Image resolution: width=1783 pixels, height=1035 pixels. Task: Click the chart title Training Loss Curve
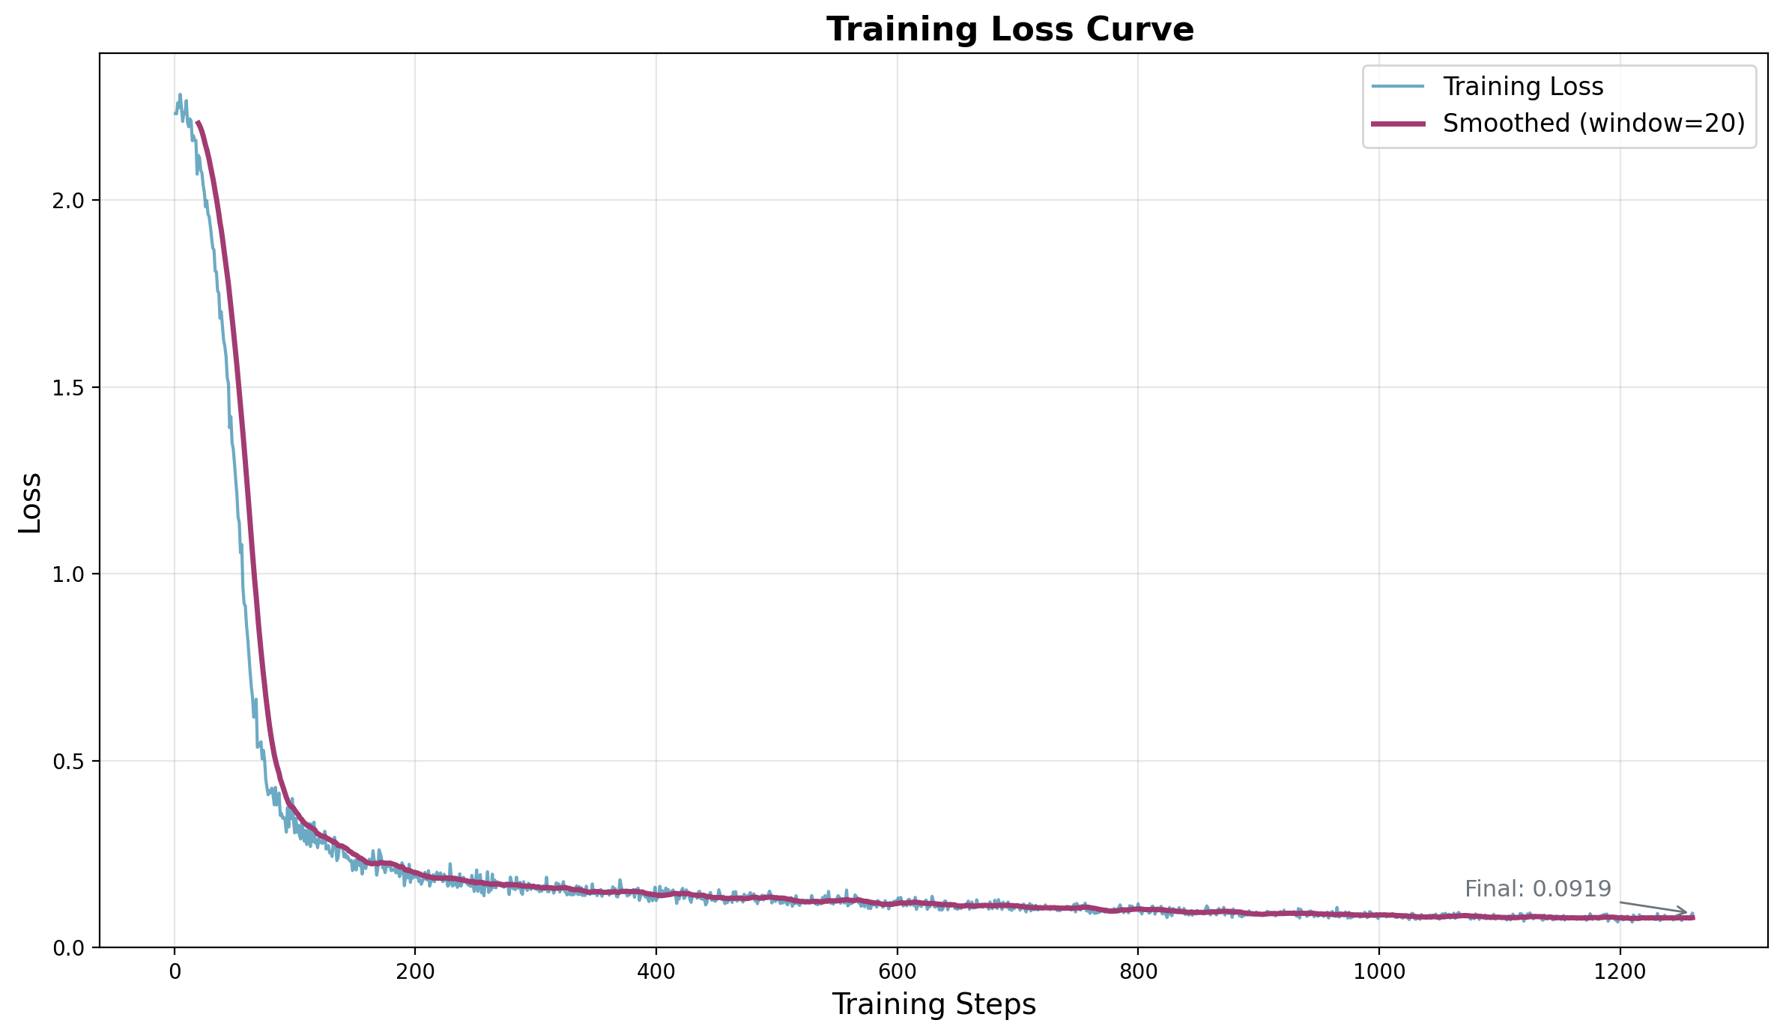(1009, 30)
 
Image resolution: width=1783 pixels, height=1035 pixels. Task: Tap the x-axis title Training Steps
(933, 1004)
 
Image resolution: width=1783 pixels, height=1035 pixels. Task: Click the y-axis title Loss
(30, 502)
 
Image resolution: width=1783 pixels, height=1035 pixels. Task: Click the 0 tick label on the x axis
(175, 971)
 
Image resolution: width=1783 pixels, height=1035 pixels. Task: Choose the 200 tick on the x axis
(415, 971)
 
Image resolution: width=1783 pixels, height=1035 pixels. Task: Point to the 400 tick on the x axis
(656, 971)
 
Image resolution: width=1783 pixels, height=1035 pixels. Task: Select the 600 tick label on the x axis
(897, 971)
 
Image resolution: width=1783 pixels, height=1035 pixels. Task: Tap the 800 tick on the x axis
(1138, 971)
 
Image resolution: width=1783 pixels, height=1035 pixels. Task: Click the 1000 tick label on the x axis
(1378, 971)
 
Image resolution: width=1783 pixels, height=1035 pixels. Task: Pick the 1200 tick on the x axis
(1620, 971)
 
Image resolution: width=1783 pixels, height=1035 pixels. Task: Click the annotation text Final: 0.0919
(1537, 889)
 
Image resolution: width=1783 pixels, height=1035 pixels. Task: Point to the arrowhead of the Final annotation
(1686, 913)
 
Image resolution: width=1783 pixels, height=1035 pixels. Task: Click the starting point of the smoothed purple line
(198, 122)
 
